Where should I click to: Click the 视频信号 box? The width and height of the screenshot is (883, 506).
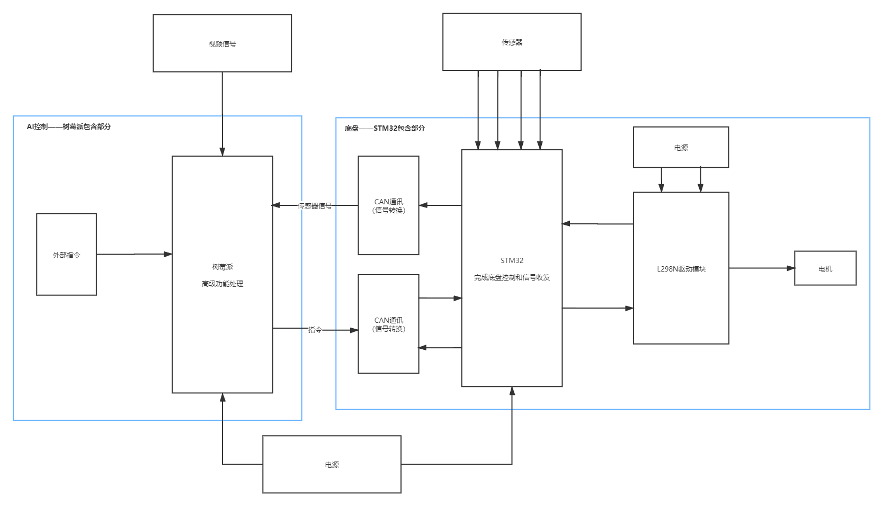click(222, 43)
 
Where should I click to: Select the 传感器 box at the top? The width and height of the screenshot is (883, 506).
click(512, 42)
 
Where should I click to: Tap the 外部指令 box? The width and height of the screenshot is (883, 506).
click(66, 255)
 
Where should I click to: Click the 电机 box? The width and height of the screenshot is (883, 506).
click(825, 268)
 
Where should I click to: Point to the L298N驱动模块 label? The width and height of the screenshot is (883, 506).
click(681, 269)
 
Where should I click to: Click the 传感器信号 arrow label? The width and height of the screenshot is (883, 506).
click(315, 206)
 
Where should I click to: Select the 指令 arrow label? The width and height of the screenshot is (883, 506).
click(315, 330)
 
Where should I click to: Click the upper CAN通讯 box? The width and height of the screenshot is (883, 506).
click(388, 205)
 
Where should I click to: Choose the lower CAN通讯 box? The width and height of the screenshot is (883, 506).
click(388, 324)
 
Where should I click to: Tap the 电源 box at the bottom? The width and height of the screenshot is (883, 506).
click(332, 465)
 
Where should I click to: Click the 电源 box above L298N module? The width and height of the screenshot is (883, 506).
click(681, 148)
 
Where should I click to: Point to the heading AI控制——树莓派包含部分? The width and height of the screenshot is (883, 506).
click(69, 127)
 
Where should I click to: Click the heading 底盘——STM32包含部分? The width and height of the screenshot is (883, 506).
click(385, 128)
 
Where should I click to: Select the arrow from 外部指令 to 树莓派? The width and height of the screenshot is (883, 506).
click(134, 255)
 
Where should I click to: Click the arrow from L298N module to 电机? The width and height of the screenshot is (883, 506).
click(761, 268)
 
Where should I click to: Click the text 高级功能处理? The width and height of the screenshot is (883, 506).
click(222, 284)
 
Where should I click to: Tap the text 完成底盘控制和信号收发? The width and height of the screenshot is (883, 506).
click(512, 277)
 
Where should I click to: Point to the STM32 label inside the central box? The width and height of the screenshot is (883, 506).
click(512, 260)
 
